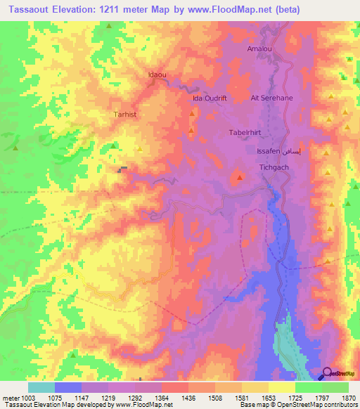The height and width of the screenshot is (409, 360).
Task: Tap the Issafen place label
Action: tap(270, 151)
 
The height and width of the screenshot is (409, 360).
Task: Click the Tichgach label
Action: tap(275, 167)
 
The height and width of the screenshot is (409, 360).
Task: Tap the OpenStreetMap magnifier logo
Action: tap(327, 372)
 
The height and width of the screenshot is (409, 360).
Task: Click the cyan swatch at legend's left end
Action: tap(41, 387)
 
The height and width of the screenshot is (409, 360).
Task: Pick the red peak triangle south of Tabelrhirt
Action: tap(240, 176)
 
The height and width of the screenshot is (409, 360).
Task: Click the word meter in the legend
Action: tap(9, 398)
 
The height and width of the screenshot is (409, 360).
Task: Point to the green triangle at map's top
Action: tap(110, 26)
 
